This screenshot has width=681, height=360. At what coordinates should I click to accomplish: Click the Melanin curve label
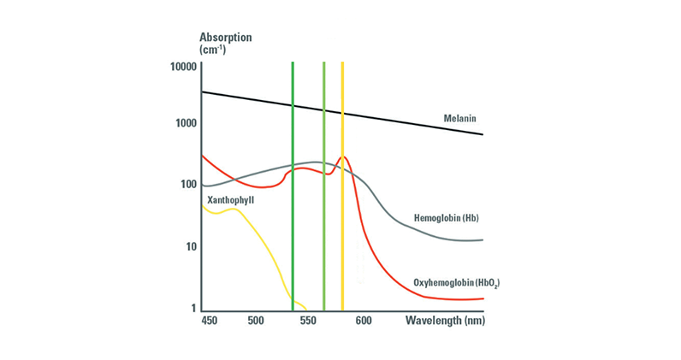pyautogui.click(x=459, y=118)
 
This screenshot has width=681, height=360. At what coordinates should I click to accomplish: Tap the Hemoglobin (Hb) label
pyautogui.click(x=446, y=218)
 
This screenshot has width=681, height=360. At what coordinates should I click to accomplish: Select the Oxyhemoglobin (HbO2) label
pyautogui.click(x=457, y=283)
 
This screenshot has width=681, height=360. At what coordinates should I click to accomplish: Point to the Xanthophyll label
pyautogui.click(x=231, y=200)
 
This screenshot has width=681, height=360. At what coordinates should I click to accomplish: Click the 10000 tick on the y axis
pyautogui.click(x=184, y=67)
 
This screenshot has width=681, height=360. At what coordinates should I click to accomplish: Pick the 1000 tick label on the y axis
pyautogui.click(x=186, y=123)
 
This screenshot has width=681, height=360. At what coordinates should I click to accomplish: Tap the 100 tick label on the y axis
pyautogui.click(x=188, y=185)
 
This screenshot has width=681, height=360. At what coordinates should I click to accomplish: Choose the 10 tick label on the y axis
pyautogui.click(x=192, y=246)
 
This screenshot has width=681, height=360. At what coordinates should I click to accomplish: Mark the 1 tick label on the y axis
pyautogui.click(x=193, y=309)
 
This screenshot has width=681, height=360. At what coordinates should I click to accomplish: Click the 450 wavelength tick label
pyautogui.click(x=209, y=321)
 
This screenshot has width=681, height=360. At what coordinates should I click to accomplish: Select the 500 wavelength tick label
pyautogui.click(x=256, y=321)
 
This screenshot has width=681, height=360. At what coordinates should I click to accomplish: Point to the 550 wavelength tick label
pyautogui.click(x=308, y=321)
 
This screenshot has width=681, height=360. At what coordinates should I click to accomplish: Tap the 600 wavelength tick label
pyautogui.click(x=364, y=321)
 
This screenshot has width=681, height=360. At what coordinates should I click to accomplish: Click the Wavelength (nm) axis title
pyautogui.click(x=445, y=321)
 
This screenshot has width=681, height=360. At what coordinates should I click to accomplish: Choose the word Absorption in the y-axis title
pyautogui.click(x=225, y=38)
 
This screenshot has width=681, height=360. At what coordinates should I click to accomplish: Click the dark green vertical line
pyautogui.click(x=293, y=186)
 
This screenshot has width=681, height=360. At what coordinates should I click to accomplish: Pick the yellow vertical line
pyautogui.click(x=343, y=186)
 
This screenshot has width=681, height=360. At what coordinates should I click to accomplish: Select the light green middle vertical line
pyautogui.click(x=324, y=186)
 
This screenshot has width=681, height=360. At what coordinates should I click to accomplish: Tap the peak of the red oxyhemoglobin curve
pyautogui.click(x=344, y=156)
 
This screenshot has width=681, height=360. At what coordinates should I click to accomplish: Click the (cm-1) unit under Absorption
pyautogui.click(x=212, y=50)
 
